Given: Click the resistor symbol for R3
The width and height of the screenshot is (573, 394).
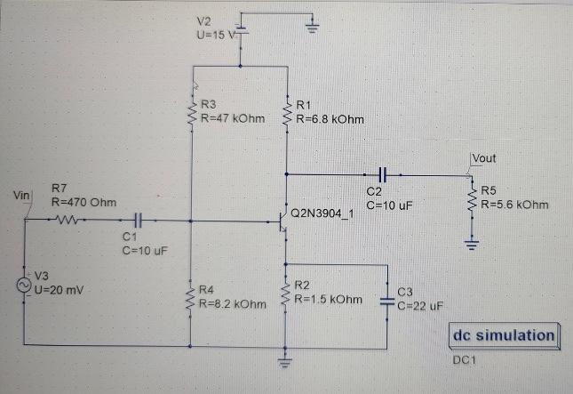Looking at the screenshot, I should click(x=191, y=111).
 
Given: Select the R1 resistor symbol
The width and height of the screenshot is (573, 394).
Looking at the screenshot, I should click(x=286, y=111).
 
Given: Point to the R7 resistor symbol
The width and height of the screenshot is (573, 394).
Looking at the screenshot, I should click(x=72, y=219).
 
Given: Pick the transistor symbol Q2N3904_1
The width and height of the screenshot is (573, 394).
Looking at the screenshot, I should click(x=283, y=219).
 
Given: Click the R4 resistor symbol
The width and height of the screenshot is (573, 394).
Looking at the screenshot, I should click(x=191, y=294).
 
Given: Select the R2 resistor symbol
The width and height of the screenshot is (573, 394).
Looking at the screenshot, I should click(x=286, y=294).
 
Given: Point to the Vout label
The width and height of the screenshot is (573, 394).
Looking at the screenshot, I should click(x=485, y=158).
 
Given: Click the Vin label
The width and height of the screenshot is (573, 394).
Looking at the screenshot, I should click(x=16, y=194).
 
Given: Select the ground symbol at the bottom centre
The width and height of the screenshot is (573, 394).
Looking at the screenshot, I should click(x=286, y=361).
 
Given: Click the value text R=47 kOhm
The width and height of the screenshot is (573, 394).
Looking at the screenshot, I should click(x=234, y=117).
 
